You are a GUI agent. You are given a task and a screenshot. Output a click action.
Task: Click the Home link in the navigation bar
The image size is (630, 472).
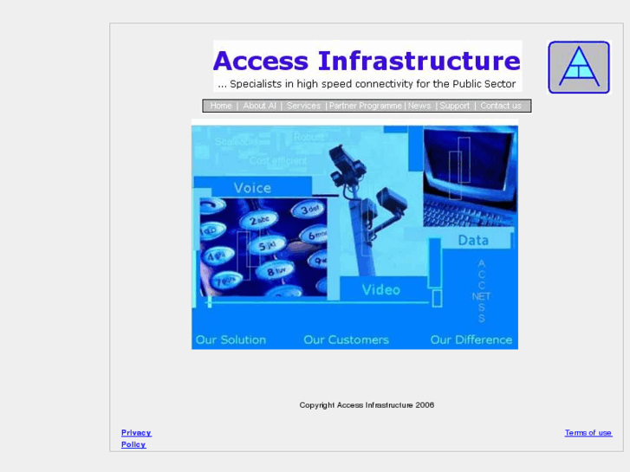coord(221,106)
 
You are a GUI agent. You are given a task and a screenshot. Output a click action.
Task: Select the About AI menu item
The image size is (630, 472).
coord(259,106)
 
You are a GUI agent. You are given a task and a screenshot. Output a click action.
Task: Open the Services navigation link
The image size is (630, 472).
coord(303,106)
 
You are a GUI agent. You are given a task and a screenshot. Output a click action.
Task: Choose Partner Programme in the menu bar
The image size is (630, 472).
coord(366,106)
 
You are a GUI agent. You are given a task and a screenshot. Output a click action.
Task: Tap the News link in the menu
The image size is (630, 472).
coord(419,106)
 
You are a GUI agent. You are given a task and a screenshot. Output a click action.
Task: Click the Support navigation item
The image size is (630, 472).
coord(454,106)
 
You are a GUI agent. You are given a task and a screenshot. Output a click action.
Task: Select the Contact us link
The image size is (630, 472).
coord(501,106)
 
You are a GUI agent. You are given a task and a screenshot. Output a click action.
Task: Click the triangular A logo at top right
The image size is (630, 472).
coord(579,68)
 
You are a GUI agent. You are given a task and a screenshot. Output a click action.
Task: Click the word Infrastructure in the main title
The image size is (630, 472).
coord(419,61)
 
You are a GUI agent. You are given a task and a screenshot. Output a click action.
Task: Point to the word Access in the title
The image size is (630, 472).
coord(260,61)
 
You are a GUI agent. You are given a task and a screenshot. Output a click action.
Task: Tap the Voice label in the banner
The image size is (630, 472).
coord(252,187)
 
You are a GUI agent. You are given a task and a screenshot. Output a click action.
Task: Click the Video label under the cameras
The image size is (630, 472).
coord(380,289)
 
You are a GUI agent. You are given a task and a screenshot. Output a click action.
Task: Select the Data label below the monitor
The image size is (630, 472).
coord(473,240)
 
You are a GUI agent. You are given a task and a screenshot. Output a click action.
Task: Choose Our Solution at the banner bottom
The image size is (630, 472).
coord(231,339)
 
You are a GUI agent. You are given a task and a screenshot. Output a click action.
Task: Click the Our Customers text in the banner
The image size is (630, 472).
coord(346,339)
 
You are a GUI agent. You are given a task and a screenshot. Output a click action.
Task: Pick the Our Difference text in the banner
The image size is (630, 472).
coord(471,339)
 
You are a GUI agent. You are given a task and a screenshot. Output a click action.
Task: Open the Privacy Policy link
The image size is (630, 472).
coord(135,438)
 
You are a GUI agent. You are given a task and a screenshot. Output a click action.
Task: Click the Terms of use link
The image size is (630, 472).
coord(588,432)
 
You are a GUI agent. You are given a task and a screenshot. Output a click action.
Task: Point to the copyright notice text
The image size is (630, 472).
coord(367,404)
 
